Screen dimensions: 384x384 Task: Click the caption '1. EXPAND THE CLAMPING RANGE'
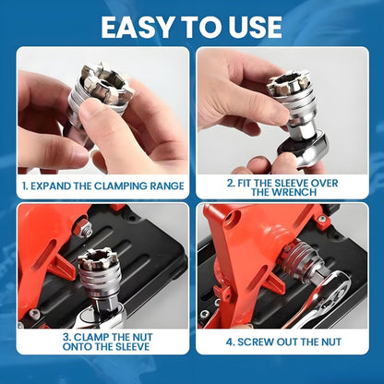[x=102, y=186]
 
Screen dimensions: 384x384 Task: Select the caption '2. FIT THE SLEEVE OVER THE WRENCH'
[x=282, y=187]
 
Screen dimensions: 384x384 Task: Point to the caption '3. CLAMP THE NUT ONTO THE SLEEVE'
[x=102, y=344]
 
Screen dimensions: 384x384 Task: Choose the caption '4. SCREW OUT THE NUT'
[x=282, y=340]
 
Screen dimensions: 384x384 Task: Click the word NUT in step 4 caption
[x=330, y=340]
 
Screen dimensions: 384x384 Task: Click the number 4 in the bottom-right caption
[x=231, y=340]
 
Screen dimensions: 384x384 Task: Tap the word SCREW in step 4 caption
[x=258, y=340]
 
